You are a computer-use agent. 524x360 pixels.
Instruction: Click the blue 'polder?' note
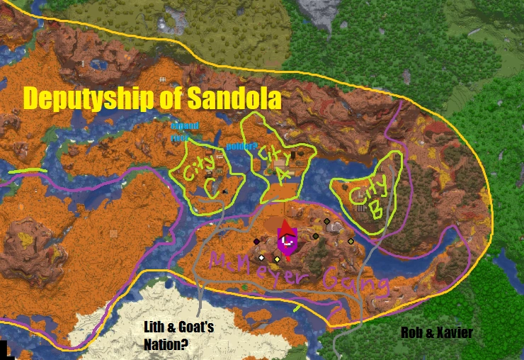[x=241, y=147]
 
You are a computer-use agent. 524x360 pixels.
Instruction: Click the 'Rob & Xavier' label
[x=436, y=332]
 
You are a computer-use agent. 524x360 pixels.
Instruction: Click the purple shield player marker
[x=287, y=244]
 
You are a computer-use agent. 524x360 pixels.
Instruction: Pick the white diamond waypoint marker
[x=261, y=257]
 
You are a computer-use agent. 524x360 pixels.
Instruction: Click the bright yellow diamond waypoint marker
[x=277, y=259]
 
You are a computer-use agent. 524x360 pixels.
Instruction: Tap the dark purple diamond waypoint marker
[x=256, y=242]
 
